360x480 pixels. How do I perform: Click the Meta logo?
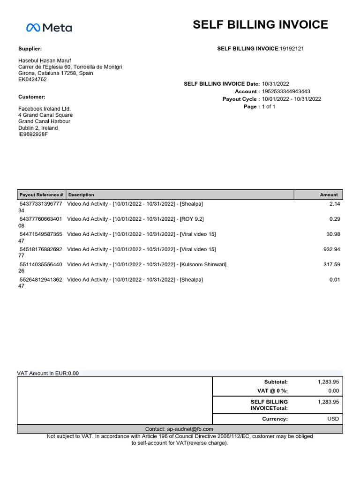pyautogui.click(x=49, y=28)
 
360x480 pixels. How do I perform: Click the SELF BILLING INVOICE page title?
pyautogui.click(x=260, y=25)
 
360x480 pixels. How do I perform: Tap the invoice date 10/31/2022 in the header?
pyautogui.click(x=276, y=84)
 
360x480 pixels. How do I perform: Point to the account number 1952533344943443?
pyautogui.click(x=286, y=91)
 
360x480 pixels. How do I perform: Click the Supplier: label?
pyautogui.click(x=30, y=49)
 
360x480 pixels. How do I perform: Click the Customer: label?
pyautogui.click(x=31, y=97)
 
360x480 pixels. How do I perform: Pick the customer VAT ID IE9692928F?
pyautogui.click(x=33, y=135)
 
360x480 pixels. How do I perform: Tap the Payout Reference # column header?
pyautogui.click(x=41, y=195)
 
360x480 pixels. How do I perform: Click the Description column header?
pyautogui.click(x=81, y=195)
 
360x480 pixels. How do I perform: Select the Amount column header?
pyautogui.click(x=329, y=195)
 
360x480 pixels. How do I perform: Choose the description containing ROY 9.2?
pyautogui.click(x=135, y=219)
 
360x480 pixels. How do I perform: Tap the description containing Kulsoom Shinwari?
pyautogui.click(x=147, y=264)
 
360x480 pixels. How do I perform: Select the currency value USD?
pyautogui.click(x=332, y=419)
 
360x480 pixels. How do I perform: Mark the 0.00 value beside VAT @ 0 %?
pyautogui.click(x=333, y=390)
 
